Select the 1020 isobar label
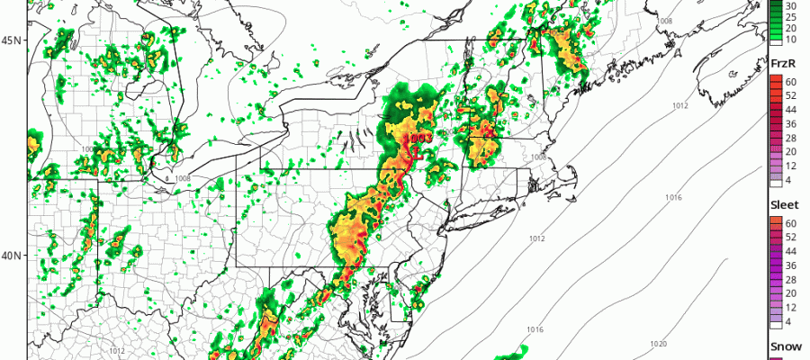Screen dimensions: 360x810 (659, 345)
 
